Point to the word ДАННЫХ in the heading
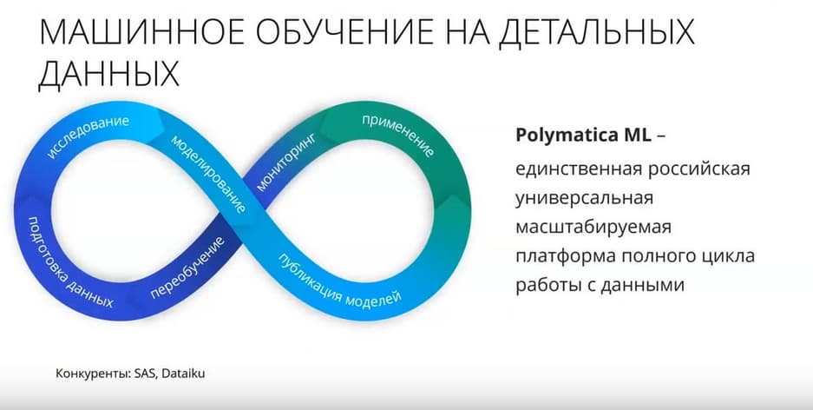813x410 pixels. tap(108, 75)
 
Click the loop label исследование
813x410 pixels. tap(88, 137)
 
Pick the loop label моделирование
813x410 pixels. tap(208, 174)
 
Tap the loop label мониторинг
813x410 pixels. tap(285, 161)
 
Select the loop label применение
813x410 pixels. tap(397, 136)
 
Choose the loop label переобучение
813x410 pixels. tap(187, 268)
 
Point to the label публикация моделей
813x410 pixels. tap(340, 281)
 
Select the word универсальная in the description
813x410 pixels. tap(584, 199)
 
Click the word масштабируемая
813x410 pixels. tap(593, 228)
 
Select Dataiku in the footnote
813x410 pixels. tap(183, 374)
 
